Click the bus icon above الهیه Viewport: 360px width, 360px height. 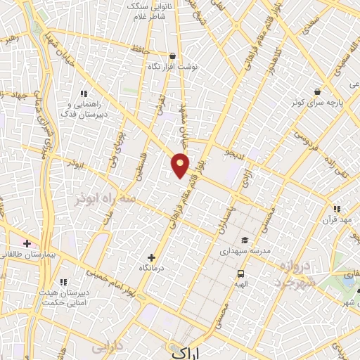[240, 274]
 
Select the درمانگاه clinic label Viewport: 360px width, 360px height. [152, 269]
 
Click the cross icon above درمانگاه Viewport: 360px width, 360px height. [152, 257]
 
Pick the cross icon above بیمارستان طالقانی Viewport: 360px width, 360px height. [27, 243]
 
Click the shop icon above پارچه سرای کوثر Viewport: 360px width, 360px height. [318, 91]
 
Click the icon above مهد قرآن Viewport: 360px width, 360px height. [336, 209]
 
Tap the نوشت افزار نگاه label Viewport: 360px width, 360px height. [172, 66]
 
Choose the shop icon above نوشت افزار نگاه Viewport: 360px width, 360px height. [172, 56]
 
